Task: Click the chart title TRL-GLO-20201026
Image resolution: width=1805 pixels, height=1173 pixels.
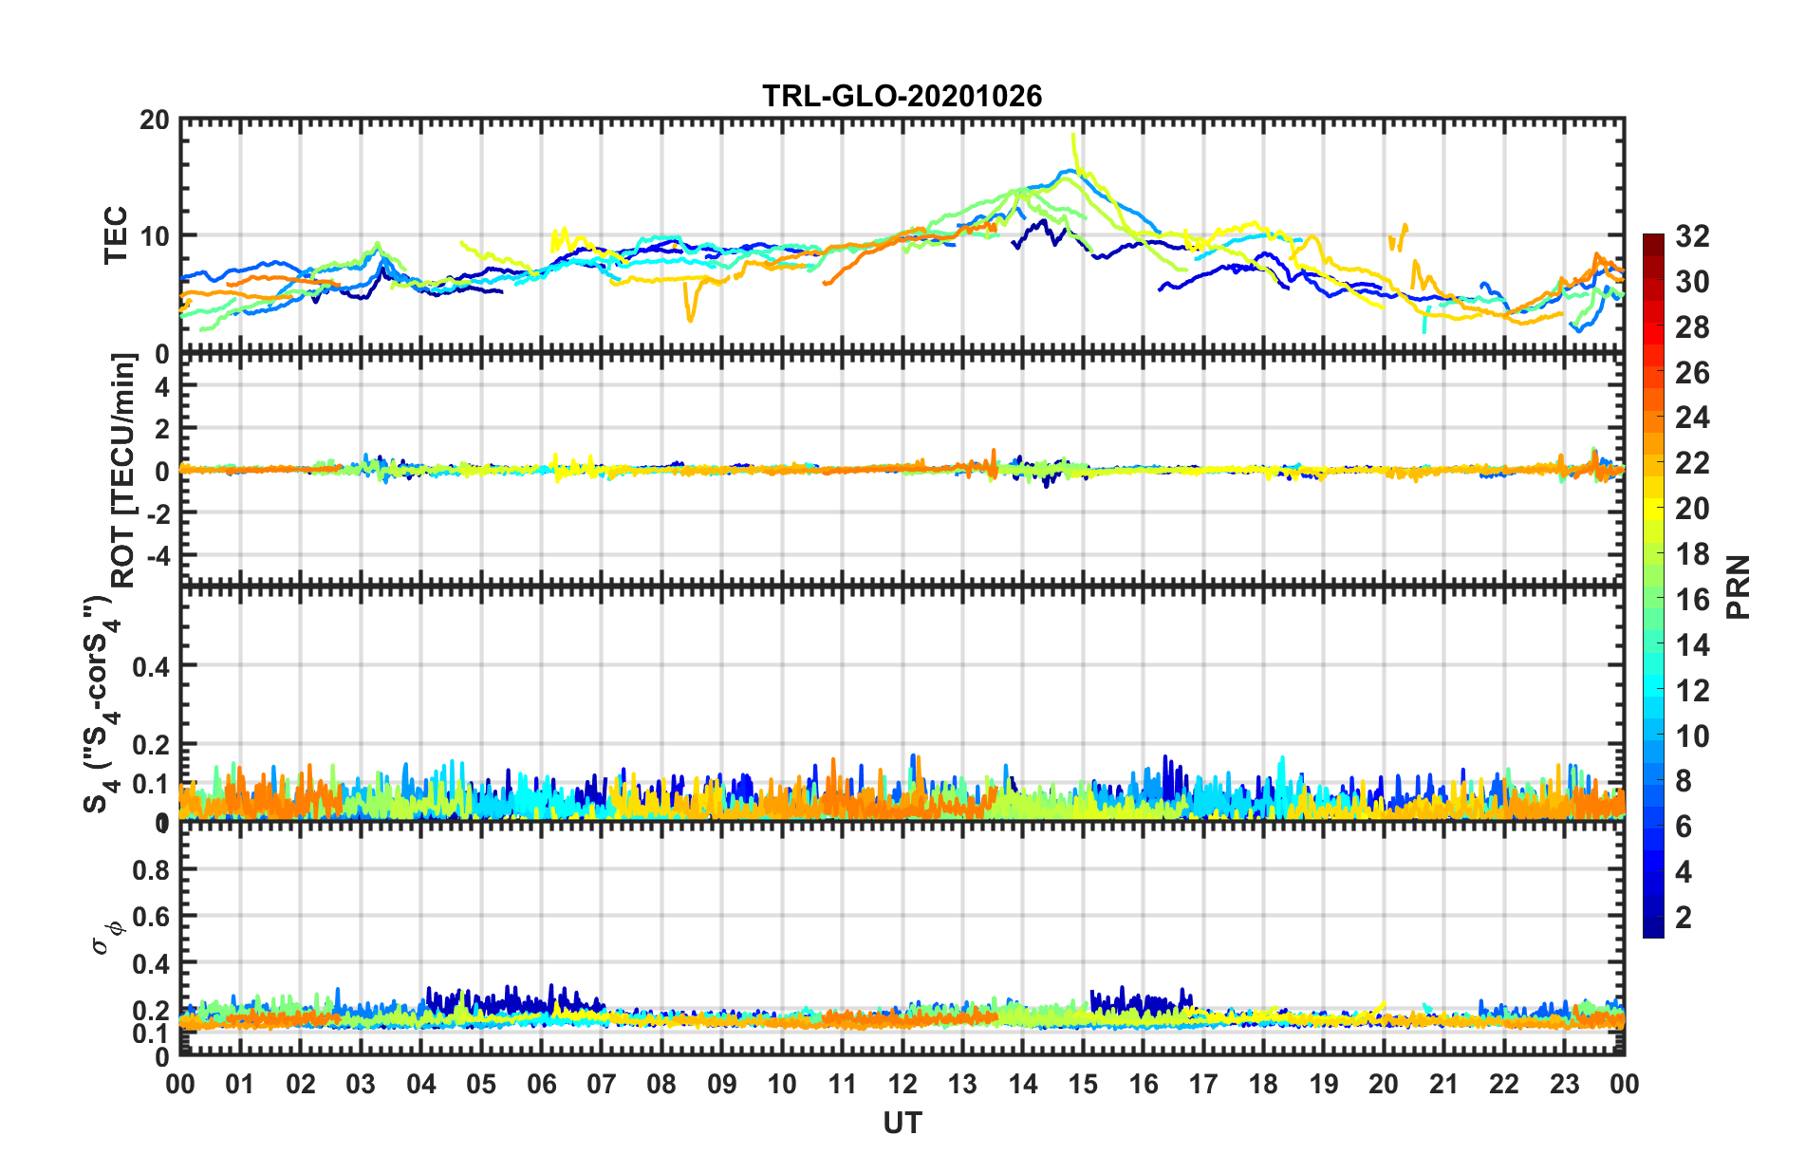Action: (902, 96)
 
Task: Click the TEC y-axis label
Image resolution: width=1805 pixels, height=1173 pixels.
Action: (116, 235)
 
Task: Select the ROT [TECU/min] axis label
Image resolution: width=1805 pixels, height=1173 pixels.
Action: (123, 471)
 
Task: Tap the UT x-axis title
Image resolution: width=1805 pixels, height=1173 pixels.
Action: (902, 1124)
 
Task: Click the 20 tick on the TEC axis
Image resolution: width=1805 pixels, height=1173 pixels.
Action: (155, 121)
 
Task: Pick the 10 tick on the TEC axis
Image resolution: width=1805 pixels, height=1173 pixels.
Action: (155, 236)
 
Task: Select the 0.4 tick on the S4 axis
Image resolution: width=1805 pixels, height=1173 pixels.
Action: (150, 666)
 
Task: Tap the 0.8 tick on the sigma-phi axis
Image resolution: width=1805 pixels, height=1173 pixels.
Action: (150, 869)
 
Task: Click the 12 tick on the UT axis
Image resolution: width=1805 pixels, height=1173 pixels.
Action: (902, 1084)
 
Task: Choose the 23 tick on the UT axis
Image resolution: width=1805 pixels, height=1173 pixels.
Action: (1564, 1084)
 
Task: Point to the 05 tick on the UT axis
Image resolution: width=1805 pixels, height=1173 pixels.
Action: (481, 1084)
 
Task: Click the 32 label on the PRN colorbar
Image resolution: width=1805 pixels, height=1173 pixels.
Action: (1692, 236)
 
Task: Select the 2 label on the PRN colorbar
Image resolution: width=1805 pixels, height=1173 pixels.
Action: (1684, 918)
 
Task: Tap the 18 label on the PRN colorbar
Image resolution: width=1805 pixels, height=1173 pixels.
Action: (1692, 554)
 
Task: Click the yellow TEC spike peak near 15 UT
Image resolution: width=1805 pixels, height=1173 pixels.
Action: (1072, 134)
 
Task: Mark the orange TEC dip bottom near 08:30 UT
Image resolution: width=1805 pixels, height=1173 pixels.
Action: (690, 320)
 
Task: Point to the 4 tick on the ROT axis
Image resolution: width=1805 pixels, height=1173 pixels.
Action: (161, 386)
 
